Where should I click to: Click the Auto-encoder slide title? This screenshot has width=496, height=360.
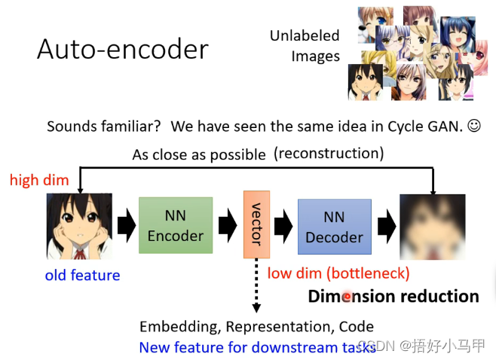pyautogui.click(x=122, y=50)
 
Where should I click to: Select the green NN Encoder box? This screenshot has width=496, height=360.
pyautogui.click(x=175, y=226)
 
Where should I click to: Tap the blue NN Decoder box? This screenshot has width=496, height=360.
pyautogui.click(x=334, y=227)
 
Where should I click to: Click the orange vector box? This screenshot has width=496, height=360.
pyautogui.click(x=256, y=224)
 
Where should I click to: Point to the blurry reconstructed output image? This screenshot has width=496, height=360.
pyautogui.click(x=432, y=226)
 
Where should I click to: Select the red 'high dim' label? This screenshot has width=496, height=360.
pyautogui.click(x=38, y=180)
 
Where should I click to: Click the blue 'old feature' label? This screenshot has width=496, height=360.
pyautogui.click(x=82, y=275)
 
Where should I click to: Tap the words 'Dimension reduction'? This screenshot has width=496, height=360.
pyautogui.click(x=393, y=296)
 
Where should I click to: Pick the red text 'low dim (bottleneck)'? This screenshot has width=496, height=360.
pyautogui.click(x=338, y=273)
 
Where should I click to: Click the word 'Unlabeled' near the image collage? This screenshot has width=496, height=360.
pyautogui.click(x=305, y=35)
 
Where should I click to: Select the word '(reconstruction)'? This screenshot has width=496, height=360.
pyautogui.click(x=329, y=154)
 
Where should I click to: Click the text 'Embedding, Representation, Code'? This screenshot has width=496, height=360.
pyautogui.click(x=256, y=326)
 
